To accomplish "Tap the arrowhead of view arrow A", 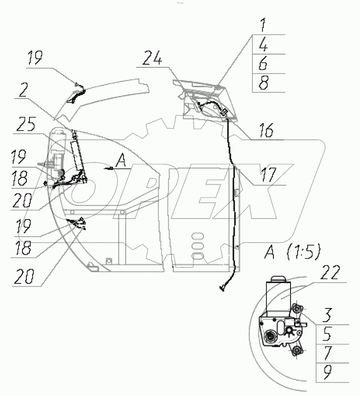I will click(x=105, y=169).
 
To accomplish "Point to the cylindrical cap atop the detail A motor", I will click(x=279, y=279).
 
